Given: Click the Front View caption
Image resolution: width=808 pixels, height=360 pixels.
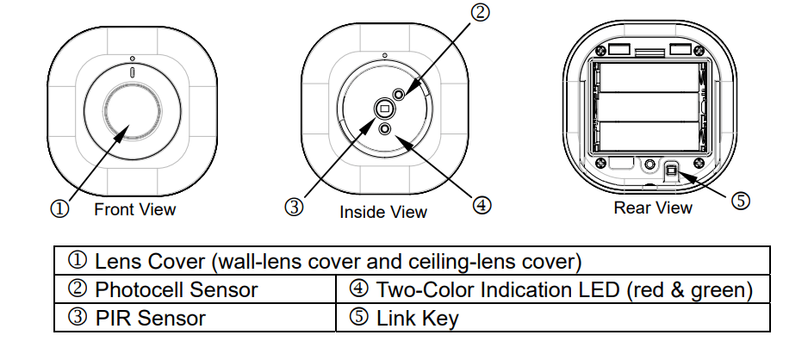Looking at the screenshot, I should pos(134,208).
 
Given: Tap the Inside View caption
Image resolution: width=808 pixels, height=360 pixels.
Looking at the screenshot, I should pos(383,211).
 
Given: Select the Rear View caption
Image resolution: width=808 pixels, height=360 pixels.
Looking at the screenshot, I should pos(652,207).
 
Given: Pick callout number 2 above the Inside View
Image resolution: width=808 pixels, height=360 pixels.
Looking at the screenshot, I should pos(480,12).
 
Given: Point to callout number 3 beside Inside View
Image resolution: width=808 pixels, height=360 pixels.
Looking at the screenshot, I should pos(295,208).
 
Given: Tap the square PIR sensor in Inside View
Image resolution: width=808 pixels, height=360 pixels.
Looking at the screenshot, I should pos(385,108).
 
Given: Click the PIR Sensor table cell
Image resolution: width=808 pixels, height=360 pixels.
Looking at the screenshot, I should pos(138,318).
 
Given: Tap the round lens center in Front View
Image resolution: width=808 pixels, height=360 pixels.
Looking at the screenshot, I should pos(134,111).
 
